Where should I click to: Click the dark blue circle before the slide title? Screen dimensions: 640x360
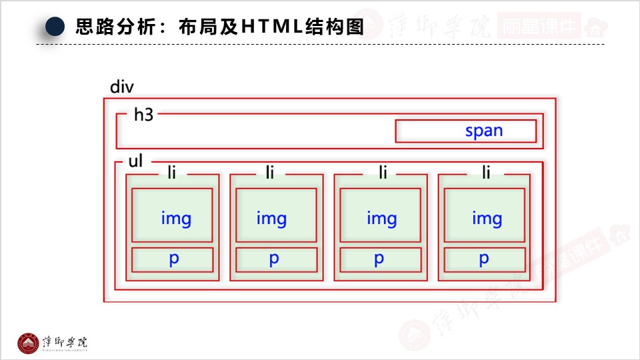pos(55,27)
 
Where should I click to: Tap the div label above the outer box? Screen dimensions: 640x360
pos(122,87)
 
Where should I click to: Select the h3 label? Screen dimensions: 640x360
pos(143,115)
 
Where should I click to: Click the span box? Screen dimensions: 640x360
pos(465,131)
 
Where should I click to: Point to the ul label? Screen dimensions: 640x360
pos(135,162)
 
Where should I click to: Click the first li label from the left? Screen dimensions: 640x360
pos(172,173)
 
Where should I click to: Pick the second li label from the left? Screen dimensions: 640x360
pos(270,173)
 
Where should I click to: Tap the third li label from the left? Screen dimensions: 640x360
pos(383,173)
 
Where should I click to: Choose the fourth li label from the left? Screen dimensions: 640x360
pos(486,173)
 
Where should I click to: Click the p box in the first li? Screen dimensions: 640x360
pos(172,260)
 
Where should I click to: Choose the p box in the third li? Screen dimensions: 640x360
pos(380,260)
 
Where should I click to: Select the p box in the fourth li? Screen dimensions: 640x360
pos(484,260)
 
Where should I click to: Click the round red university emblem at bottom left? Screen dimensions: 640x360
pos(28,343)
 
